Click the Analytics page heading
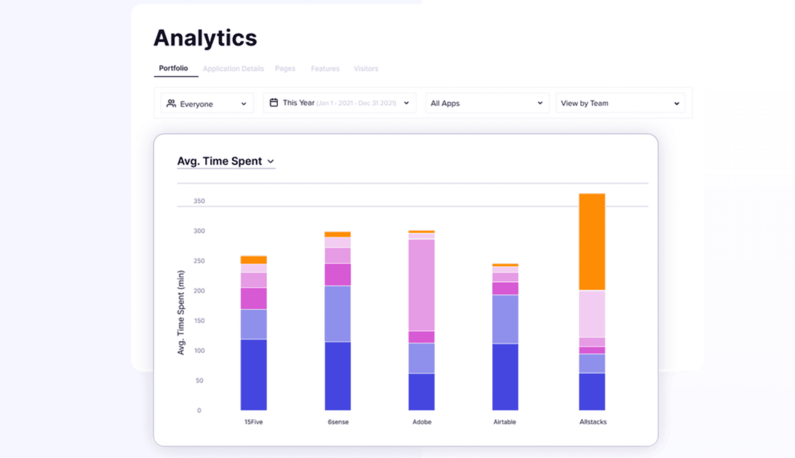pos(205,38)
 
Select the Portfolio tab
pos(173,68)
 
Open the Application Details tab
pos(233,69)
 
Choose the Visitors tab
pos(366,69)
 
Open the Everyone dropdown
pos(207,103)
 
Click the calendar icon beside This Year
pos(274,103)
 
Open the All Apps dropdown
pos(486,103)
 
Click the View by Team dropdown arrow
pos(676,103)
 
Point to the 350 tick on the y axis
pos(199,201)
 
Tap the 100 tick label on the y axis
pos(199,350)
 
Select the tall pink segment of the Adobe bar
pos(421,285)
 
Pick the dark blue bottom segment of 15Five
pos(254,374)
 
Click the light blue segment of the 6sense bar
pos(338,314)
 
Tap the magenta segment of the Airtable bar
pos(505,288)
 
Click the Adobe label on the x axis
pos(422,422)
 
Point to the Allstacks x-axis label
pos(593,422)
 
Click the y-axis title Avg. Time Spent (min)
pos(181,313)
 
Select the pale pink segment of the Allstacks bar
pos(592,314)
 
